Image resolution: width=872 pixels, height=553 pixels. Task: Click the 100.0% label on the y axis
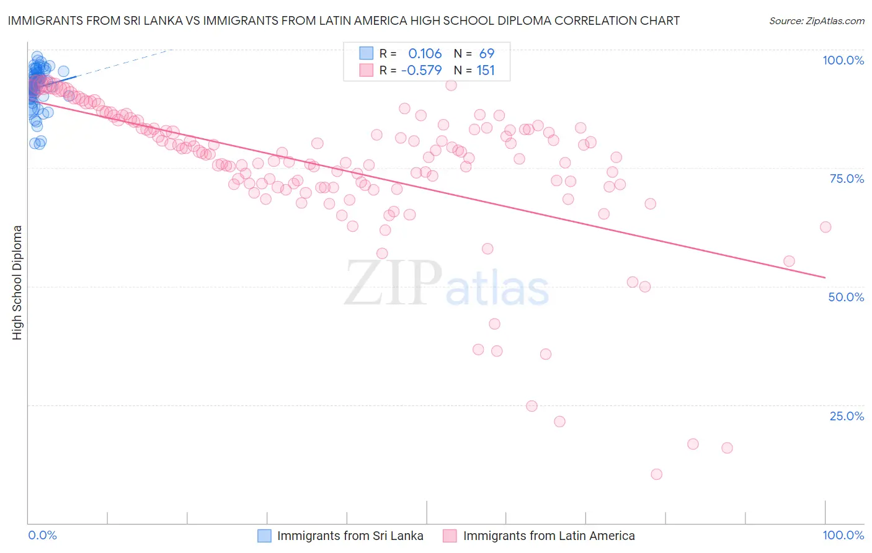843,60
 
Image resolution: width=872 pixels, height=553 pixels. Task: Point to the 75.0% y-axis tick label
847,179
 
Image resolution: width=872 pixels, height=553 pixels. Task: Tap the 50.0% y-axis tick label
846,297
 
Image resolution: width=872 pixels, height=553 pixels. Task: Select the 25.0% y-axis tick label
847,416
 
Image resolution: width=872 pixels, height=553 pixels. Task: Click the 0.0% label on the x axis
42,535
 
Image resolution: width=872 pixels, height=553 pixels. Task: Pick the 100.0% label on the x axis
843,535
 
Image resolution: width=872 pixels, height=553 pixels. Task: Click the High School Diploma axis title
17,282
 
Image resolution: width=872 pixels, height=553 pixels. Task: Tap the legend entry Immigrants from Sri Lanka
350,536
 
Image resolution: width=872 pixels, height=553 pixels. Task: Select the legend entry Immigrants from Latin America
548,536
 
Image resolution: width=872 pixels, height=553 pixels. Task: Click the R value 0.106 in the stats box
425,54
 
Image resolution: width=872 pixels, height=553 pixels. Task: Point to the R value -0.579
421,71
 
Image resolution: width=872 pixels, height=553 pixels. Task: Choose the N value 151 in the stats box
486,71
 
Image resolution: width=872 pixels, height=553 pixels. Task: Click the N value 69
487,54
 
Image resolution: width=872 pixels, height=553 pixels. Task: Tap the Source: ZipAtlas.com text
816,21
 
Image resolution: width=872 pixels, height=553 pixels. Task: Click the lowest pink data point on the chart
656,474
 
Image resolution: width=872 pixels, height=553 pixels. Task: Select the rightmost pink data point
825,227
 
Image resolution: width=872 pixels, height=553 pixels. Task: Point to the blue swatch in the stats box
367,53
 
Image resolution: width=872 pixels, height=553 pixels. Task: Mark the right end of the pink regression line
825,277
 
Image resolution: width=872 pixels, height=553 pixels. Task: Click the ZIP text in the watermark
393,283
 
